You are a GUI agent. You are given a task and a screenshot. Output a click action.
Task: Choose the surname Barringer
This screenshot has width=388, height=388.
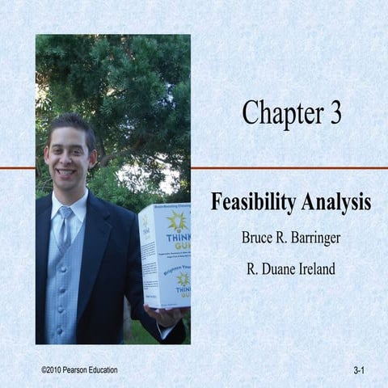tap(314, 239)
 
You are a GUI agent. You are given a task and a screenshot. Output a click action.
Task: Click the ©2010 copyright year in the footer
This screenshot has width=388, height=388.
tap(55, 369)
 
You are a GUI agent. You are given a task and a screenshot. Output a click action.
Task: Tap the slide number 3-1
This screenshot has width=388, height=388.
tap(360, 370)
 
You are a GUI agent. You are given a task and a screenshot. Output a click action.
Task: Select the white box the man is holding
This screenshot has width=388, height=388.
tap(164, 255)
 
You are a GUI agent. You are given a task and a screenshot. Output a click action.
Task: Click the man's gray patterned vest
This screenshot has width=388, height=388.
tap(65, 291)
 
